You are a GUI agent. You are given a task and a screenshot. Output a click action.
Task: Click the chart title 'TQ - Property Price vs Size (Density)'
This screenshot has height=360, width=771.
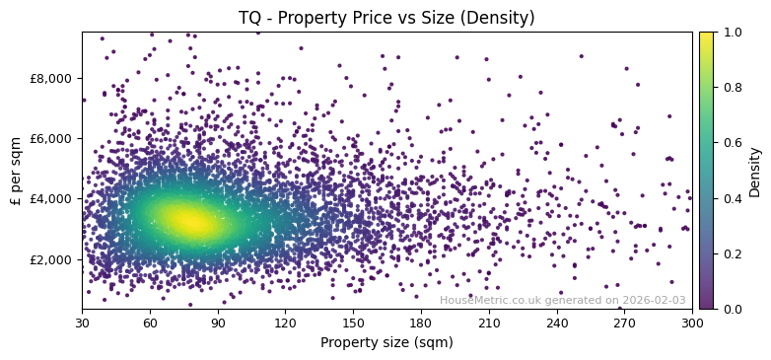point(386,18)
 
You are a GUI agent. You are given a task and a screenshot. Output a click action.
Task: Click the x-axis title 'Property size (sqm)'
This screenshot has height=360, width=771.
point(386,342)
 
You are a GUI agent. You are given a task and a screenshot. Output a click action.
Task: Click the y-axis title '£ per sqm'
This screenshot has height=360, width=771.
point(16,171)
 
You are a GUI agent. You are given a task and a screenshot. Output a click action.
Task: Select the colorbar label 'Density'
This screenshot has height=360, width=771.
point(754,171)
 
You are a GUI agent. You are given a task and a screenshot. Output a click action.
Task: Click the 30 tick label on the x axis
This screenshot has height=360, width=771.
point(82,322)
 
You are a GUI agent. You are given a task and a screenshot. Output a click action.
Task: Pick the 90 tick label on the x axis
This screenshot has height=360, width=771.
point(218,322)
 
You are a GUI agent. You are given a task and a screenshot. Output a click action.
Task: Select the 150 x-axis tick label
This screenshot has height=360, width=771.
point(353,322)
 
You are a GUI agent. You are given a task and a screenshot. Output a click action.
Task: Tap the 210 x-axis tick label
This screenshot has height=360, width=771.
point(489,322)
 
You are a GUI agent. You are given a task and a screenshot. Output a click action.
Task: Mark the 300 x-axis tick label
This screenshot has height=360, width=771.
point(692,322)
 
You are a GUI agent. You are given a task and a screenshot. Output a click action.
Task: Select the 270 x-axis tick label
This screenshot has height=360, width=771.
point(624,322)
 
